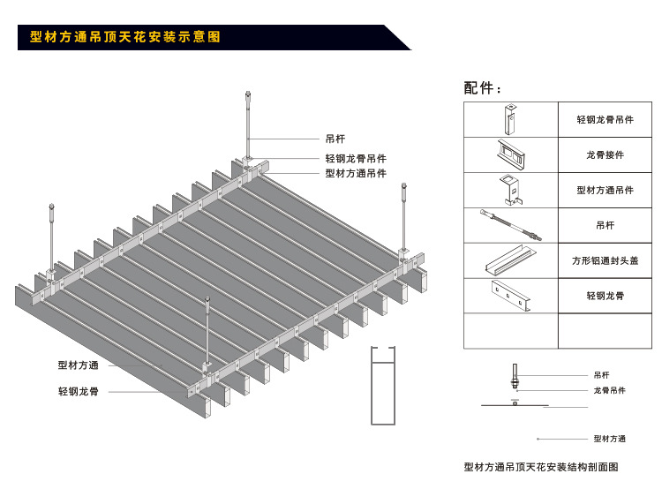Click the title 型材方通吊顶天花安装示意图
coord(124,37)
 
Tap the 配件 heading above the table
coord(483,88)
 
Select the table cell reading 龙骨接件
coord(605,154)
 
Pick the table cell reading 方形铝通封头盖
coord(605,260)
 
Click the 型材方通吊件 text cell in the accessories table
coord(605,190)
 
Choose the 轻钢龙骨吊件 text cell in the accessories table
coord(605,119)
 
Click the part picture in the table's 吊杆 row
coord(511,224)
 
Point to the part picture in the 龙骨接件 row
coord(511,154)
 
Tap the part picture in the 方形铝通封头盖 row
coord(511,260)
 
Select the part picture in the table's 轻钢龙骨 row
coord(511,296)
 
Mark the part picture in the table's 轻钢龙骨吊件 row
coord(511,119)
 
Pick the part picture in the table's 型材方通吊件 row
coord(511,190)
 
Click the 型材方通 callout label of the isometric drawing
coord(79,365)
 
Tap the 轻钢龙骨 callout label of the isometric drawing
coord(79,391)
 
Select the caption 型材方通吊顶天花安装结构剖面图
coord(540,467)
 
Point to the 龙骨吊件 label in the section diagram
coord(609,390)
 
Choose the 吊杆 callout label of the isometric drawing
coord(335,139)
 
